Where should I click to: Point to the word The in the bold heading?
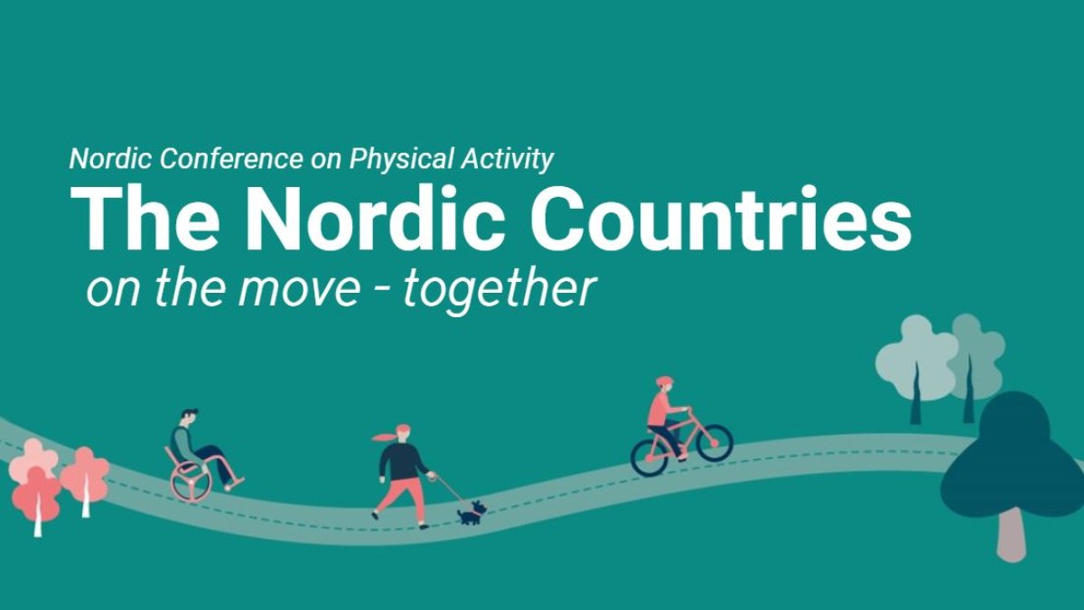(145, 219)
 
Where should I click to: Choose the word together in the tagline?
(500, 290)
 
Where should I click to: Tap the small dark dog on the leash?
(472, 513)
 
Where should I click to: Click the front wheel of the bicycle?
(715, 443)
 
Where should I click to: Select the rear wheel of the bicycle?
(649, 457)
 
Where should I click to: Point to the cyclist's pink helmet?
(665, 381)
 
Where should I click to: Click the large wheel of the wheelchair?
(192, 481)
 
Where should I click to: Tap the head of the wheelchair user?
(190, 418)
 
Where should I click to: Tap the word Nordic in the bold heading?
(375, 219)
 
